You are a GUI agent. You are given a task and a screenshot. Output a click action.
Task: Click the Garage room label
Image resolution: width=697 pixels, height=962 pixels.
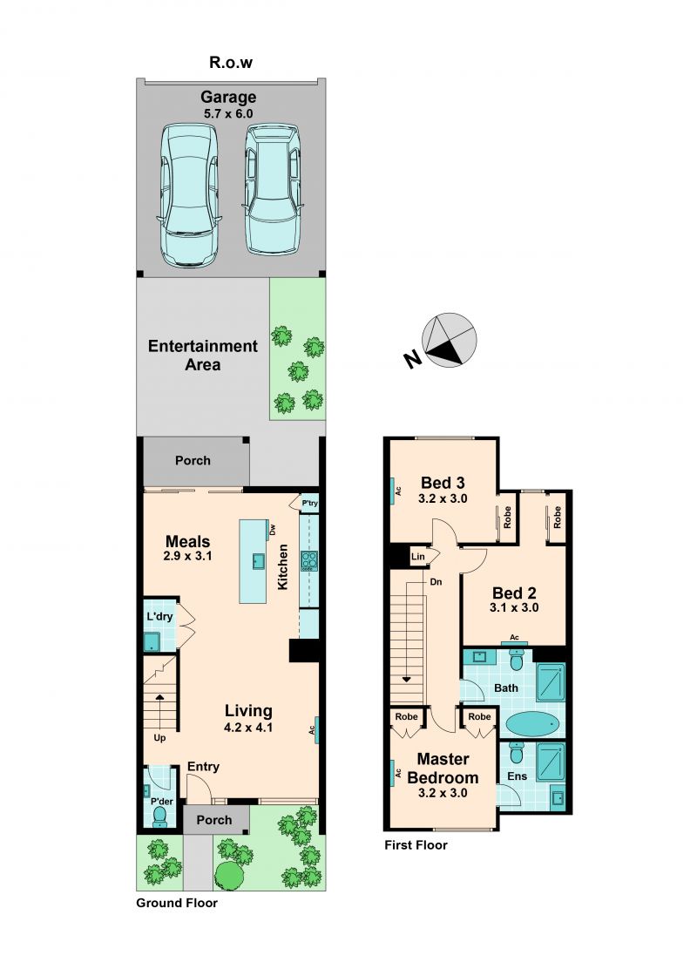(228, 97)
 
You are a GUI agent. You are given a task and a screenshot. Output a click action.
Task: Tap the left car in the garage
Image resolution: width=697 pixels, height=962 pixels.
(190, 195)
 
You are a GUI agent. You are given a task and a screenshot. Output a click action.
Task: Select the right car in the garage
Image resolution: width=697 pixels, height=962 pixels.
(273, 189)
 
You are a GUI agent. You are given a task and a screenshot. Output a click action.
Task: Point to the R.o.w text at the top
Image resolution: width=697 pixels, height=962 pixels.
(231, 62)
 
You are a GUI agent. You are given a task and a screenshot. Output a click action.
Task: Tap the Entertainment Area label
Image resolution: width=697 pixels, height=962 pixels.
(202, 356)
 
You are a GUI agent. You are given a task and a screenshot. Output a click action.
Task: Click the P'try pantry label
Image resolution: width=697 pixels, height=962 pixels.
(310, 504)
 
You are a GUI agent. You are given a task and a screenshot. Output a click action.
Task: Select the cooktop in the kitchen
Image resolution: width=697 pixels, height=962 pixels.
(308, 561)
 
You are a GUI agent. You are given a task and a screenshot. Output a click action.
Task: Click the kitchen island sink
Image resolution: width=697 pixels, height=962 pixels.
(259, 561)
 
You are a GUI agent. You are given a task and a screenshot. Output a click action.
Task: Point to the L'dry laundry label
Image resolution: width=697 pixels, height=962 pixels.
(159, 617)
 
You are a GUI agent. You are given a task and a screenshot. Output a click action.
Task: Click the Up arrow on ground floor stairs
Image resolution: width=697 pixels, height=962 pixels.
(159, 698)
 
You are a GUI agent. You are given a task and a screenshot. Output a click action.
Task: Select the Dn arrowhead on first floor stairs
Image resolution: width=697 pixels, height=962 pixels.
(405, 679)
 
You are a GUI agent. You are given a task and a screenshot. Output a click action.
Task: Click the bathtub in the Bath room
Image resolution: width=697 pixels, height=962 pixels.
(534, 725)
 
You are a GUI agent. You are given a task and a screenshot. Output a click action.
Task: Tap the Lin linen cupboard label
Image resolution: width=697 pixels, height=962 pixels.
(418, 557)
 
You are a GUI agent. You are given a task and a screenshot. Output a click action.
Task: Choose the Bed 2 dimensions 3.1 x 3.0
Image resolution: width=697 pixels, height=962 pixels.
(514, 608)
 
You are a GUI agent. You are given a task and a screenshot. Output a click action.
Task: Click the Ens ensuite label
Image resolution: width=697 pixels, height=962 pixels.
(518, 776)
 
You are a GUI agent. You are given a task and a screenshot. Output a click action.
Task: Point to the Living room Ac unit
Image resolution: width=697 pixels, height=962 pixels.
(316, 730)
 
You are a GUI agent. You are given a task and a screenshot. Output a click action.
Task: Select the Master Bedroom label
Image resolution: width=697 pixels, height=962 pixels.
(443, 769)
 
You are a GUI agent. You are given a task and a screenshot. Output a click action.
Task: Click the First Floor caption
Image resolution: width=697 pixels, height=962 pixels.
(416, 845)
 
